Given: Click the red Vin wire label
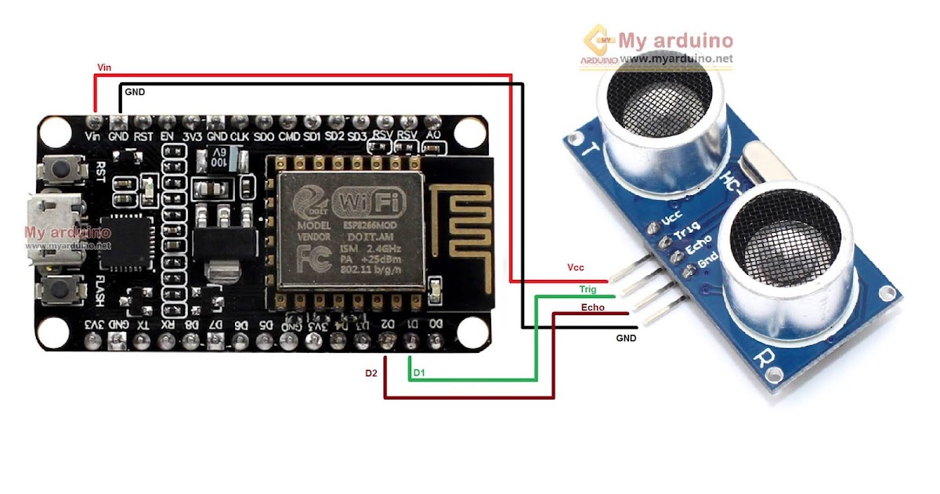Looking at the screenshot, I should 103,67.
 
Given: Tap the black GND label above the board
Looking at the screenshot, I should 135,92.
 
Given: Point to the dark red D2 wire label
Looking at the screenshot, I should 371,373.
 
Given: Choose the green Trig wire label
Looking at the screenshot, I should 587,289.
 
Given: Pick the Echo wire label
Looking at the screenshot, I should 592,307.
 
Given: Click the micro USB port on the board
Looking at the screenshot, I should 52,223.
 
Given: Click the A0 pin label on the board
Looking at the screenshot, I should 432,136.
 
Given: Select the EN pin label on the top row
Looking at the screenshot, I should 167,136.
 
